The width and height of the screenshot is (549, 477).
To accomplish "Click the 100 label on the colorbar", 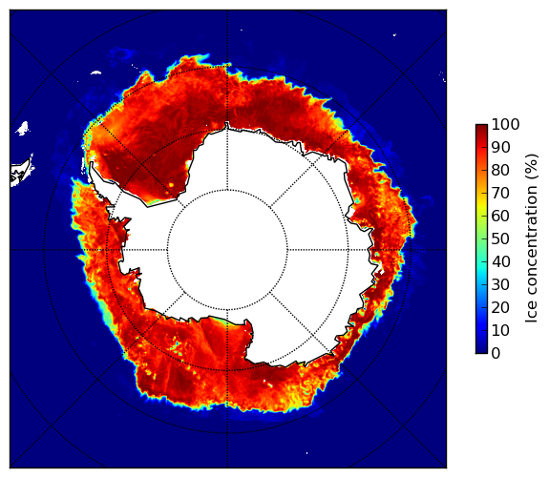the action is (x=505, y=124).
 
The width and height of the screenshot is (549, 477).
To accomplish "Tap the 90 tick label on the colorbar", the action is (x=500, y=147).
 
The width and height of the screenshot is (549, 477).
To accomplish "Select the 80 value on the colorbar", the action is (x=500, y=170).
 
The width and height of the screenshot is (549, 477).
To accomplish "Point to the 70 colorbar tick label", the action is (x=500, y=193).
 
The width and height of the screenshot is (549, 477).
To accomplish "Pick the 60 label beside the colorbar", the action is (x=500, y=216).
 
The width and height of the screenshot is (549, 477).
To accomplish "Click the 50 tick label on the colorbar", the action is (x=500, y=239).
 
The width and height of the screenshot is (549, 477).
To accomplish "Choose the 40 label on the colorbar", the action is (x=500, y=261).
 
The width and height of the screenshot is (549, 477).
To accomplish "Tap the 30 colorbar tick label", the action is (x=500, y=285).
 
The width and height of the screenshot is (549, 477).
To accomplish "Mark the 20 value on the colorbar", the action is (x=500, y=307).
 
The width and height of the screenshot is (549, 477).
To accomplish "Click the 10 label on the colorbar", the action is (x=500, y=331).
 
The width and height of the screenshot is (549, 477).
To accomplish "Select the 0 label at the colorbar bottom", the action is (x=496, y=354).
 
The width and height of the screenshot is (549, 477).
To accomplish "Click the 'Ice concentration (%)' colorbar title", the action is (x=532, y=238).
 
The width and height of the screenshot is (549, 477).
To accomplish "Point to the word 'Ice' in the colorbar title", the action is (x=532, y=315).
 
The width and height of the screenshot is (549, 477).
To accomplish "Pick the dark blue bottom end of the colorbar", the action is (x=481, y=351).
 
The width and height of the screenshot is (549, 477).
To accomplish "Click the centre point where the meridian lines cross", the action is (x=227, y=250).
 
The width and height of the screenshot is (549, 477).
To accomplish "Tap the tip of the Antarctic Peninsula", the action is (x=92, y=163).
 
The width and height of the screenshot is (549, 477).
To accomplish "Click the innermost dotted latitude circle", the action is (x=227, y=190).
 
